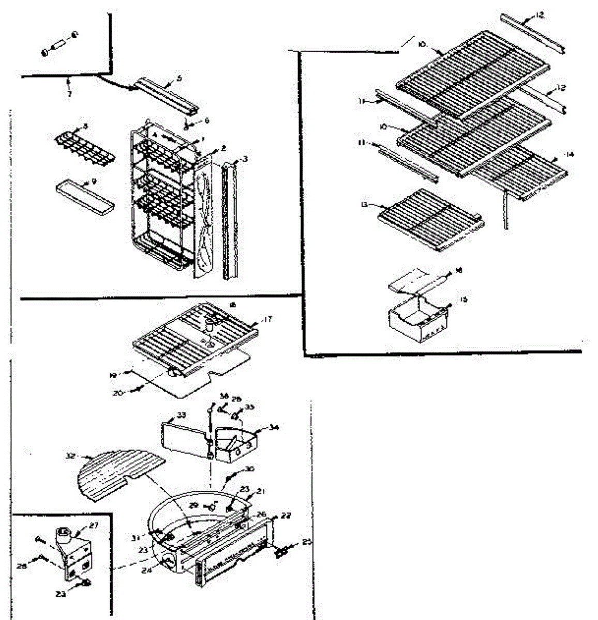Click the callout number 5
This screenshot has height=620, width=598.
[179, 79]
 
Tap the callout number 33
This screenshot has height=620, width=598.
[181, 415]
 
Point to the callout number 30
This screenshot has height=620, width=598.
[250, 469]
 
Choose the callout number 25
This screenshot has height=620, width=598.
[307, 541]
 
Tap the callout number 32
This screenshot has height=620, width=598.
[71, 456]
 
